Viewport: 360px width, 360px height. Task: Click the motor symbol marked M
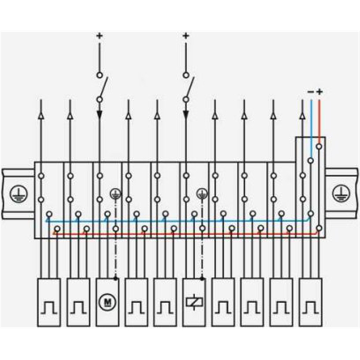click(108, 302)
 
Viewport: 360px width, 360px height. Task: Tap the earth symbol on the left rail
click(18, 194)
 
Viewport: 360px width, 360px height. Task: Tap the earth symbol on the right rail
click(341, 194)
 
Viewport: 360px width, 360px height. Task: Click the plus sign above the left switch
click(99, 36)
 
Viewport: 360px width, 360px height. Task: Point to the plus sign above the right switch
click(186, 36)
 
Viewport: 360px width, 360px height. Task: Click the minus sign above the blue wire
click(310, 92)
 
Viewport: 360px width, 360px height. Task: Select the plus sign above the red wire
click(319, 92)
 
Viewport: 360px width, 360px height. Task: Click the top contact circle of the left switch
click(99, 75)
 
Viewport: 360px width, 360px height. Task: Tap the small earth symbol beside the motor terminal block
click(116, 194)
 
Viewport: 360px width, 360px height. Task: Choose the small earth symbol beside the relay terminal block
click(202, 194)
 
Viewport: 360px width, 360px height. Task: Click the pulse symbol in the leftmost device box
click(49, 307)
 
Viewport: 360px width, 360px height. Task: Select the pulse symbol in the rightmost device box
click(310, 307)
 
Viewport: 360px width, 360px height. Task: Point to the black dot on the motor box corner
click(116, 279)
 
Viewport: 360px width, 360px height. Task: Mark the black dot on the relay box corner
click(202, 279)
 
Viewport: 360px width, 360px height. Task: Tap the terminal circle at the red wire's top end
click(319, 146)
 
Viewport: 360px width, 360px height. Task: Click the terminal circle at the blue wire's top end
click(310, 160)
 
